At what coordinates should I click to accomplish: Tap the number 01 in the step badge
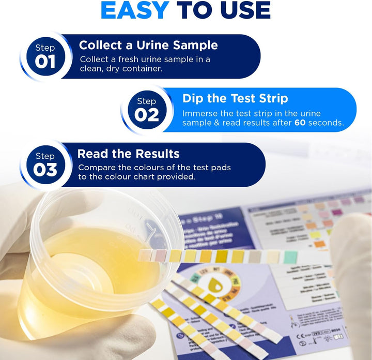[x=45, y=62]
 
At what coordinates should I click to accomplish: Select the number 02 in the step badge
[x=147, y=115]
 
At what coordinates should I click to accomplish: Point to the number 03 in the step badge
[x=45, y=170]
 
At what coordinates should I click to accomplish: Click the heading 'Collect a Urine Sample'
[x=148, y=45]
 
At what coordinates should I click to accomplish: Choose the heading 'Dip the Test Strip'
[x=235, y=98]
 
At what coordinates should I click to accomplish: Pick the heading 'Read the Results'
[x=128, y=154]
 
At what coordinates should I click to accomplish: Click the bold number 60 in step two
[x=300, y=123]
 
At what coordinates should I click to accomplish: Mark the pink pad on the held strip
[x=160, y=254]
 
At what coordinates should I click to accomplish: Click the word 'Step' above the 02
[x=147, y=101]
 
